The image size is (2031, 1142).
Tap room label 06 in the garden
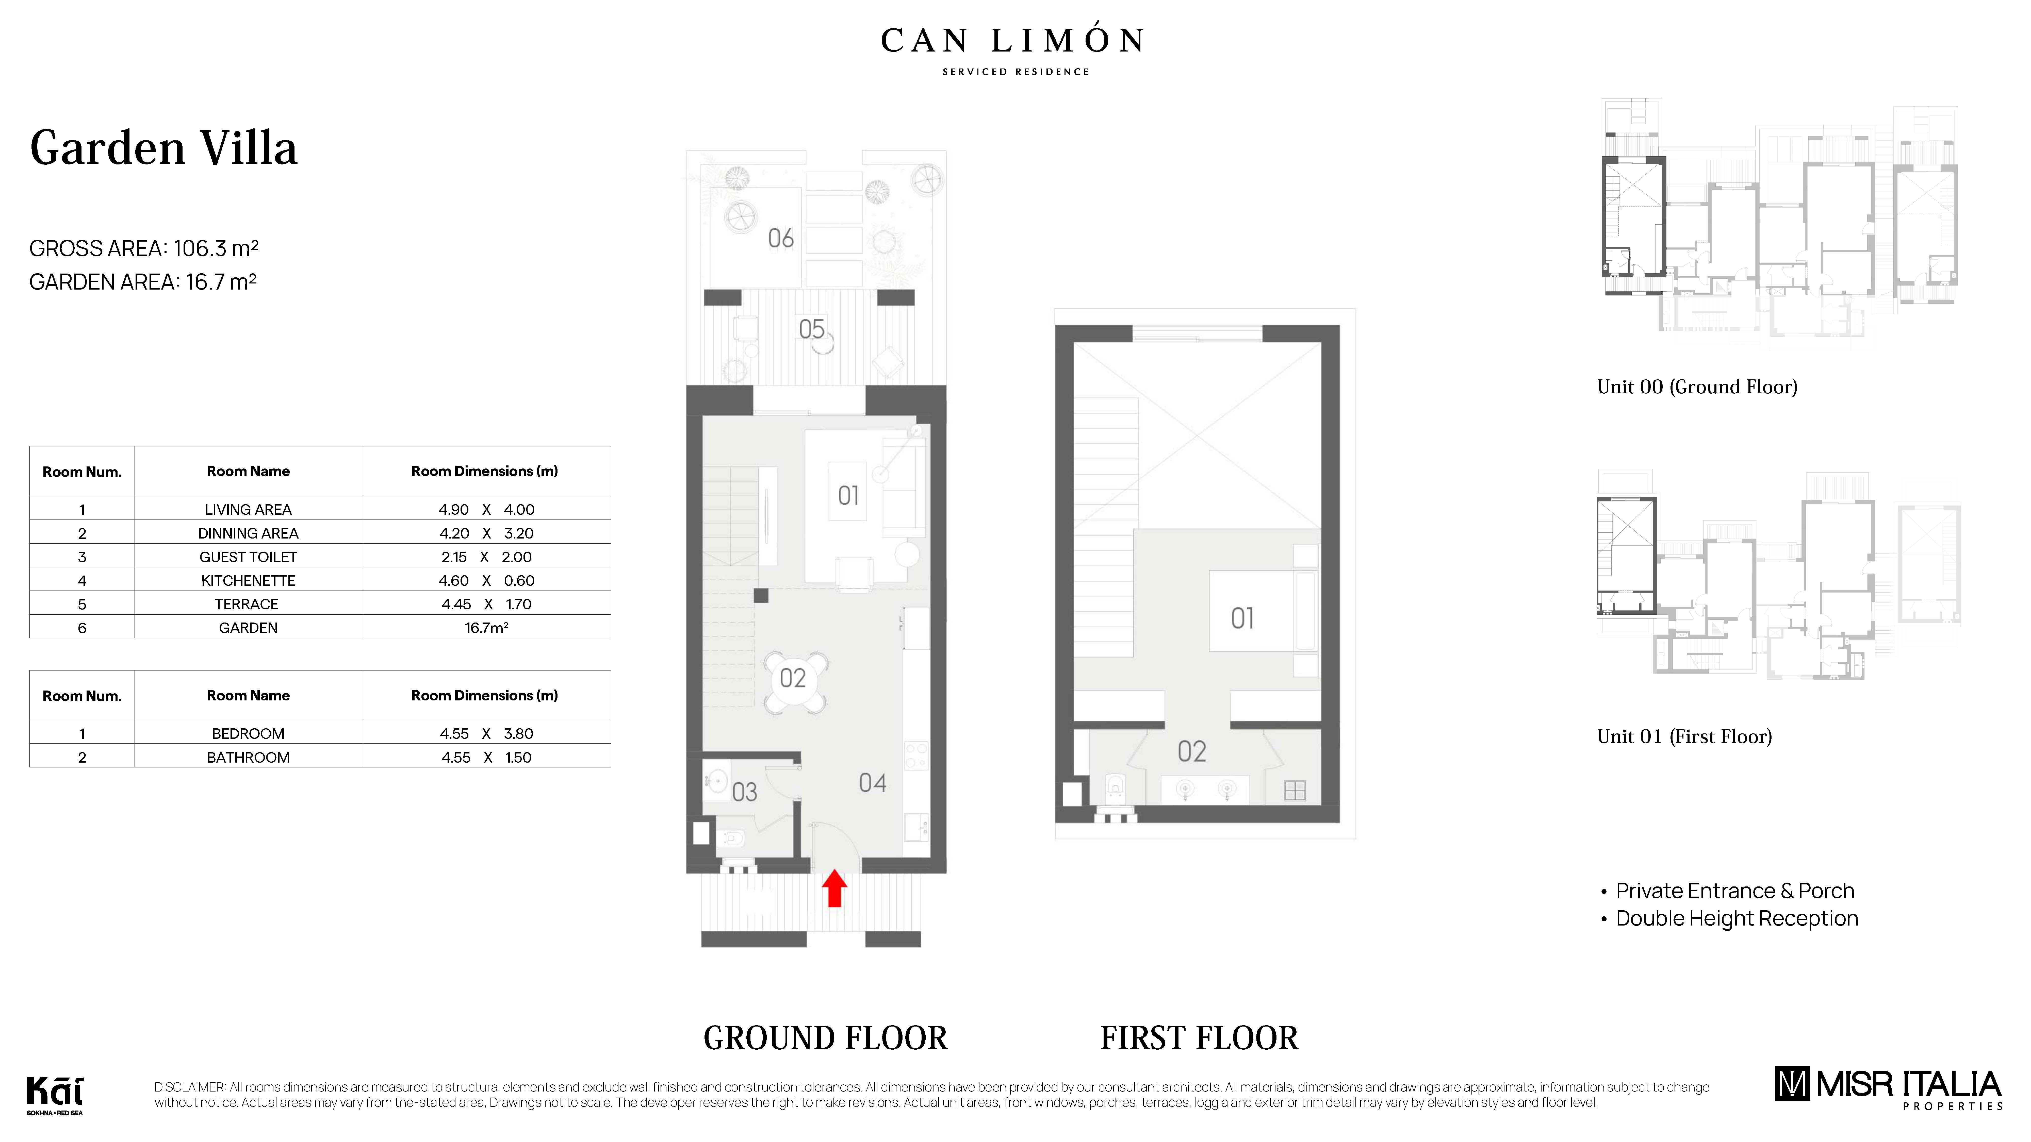pos(781,238)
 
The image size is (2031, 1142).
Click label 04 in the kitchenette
pos(872,783)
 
